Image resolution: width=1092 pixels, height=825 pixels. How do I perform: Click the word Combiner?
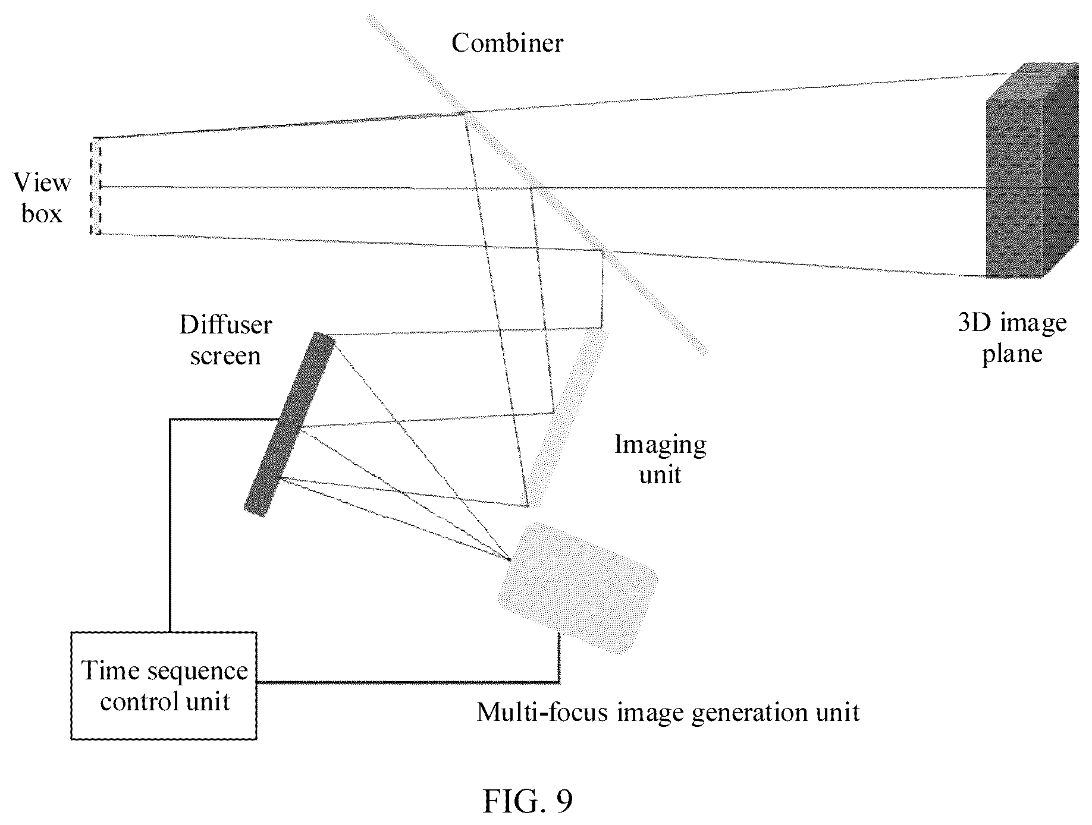pos(507,43)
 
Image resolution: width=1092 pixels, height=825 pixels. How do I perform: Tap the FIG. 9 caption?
pos(528,801)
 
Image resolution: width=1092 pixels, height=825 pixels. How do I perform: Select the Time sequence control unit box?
pos(164,685)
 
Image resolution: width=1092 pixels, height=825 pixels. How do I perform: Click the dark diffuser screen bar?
pos(290,424)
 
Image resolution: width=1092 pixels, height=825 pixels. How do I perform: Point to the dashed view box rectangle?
pos(96,186)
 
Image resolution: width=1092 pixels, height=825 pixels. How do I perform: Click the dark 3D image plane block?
pos(1032,170)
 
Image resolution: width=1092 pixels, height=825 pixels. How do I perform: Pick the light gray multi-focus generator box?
pos(578,588)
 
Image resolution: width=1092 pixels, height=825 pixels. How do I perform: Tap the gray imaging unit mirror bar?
pos(568,420)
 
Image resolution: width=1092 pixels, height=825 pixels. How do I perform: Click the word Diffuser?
pos(226,325)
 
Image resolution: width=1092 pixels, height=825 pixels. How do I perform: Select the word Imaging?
pos(660,445)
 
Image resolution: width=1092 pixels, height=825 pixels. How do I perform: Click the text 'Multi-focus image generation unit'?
pos(668,711)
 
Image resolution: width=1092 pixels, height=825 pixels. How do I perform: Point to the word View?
pos(42,182)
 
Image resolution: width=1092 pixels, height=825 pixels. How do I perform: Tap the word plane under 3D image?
pos(1012,355)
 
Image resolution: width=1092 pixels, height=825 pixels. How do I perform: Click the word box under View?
pos(42,213)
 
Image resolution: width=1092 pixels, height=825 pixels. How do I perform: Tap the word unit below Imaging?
pos(660,475)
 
